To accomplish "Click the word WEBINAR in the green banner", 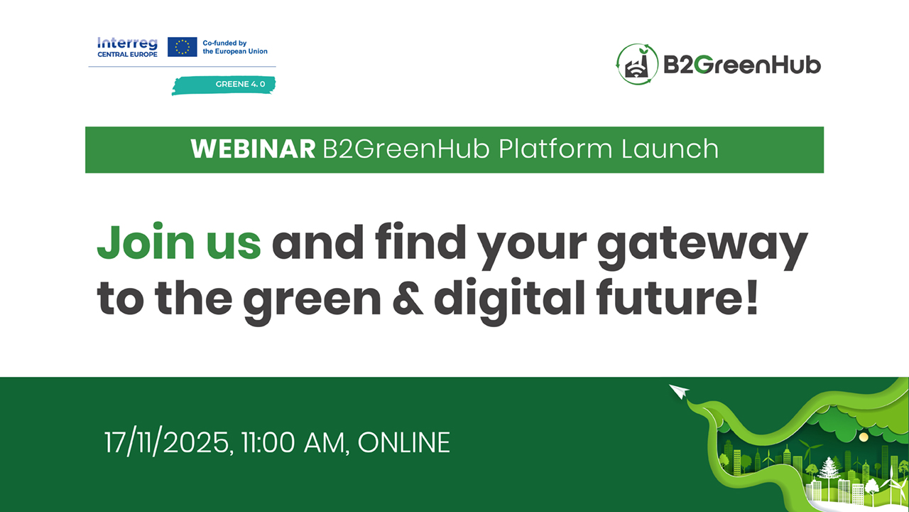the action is click(253, 149).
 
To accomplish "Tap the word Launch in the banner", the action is click(670, 149).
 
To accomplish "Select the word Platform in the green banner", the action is click(555, 149).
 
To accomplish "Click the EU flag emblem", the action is click(183, 47).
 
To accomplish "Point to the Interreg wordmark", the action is click(127, 43).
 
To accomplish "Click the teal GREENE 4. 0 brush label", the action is click(224, 85).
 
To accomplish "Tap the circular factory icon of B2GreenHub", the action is click(637, 64).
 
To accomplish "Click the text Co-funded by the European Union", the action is click(235, 47).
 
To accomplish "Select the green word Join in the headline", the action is click(146, 242).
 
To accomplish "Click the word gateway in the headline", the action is click(702, 246).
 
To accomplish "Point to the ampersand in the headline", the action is click(408, 297).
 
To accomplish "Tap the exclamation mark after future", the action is click(752, 297).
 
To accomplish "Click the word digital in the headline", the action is click(510, 302).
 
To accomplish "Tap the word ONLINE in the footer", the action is click(404, 442).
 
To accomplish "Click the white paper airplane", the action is click(680, 391).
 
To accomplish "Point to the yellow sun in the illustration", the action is click(864, 437).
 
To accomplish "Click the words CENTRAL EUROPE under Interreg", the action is click(127, 55).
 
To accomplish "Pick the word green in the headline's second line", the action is click(312, 302).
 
